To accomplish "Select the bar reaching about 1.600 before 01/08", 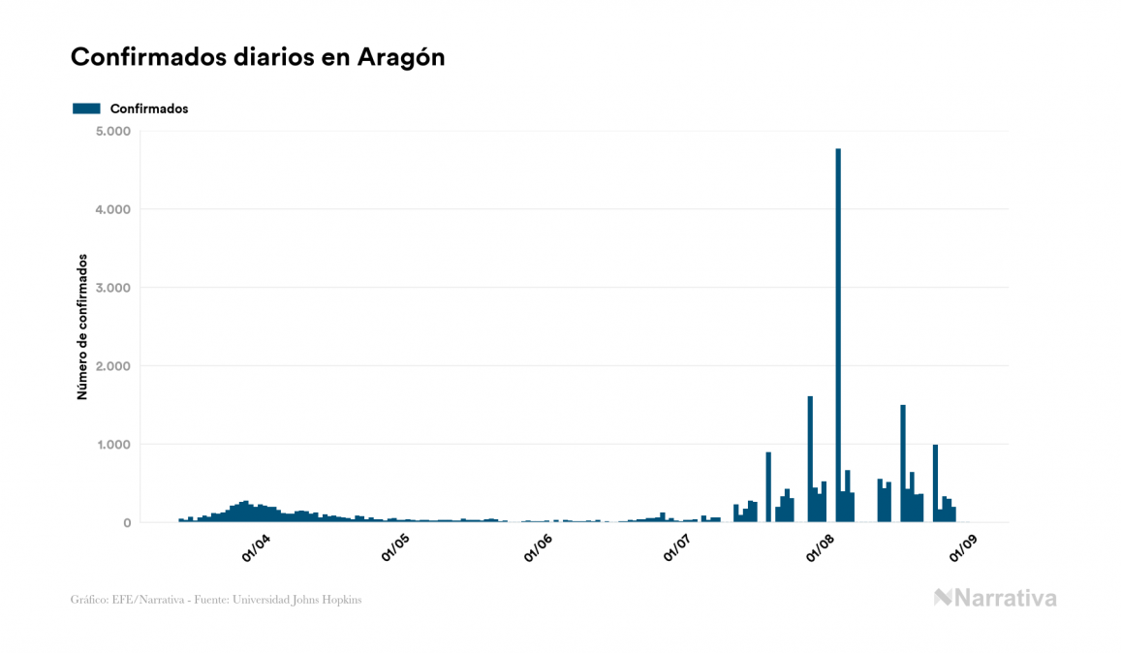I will click(x=810, y=459).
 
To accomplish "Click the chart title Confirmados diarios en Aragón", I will click(x=258, y=57).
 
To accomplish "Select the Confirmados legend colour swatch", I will click(x=86, y=109).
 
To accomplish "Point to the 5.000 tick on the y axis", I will click(x=113, y=131).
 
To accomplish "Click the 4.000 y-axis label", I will click(x=113, y=209).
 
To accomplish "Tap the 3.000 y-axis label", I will click(x=113, y=288).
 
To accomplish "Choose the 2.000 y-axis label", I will click(x=113, y=366).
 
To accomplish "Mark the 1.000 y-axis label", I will click(x=113, y=445).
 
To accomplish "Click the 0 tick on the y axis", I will click(x=126, y=523).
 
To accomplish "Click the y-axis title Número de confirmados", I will click(x=83, y=327).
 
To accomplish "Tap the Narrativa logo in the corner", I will click(x=995, y=598).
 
